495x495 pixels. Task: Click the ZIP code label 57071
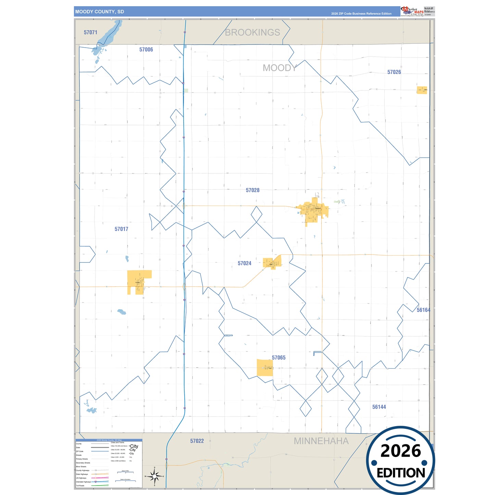point(90,32)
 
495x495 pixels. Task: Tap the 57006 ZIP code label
point(146,50)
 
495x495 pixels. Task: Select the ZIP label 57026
point(394,72)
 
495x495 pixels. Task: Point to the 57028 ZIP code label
point(252,190)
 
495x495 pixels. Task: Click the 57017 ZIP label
point(121,229)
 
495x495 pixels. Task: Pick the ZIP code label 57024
point(244,263)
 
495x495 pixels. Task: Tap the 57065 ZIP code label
point(279,358)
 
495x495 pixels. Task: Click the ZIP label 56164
point(423,310)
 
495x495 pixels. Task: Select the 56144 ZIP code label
point(379,407)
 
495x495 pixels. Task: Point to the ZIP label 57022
point(197,441)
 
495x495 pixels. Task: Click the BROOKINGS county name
point(252,32)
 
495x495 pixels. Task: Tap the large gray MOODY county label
point(280,68)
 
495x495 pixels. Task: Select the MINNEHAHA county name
point(321,441)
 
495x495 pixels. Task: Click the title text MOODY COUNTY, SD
point(100,12)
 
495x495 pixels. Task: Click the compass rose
point(154,476)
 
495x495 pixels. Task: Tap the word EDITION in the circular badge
point(400,473)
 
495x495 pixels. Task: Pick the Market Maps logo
point(412,11)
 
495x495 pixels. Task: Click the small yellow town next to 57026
point(422,90)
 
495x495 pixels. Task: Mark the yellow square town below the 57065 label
point(265,368)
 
